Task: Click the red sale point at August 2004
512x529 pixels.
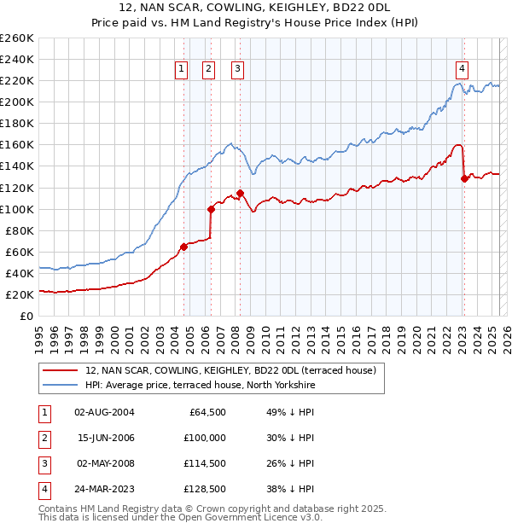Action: [183, 247]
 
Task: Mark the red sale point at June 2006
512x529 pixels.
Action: [211, 208]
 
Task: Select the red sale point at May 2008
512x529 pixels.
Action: [240, 193]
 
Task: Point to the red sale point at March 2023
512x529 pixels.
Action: [464, 178]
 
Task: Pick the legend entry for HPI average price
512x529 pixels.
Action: [201, 386]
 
